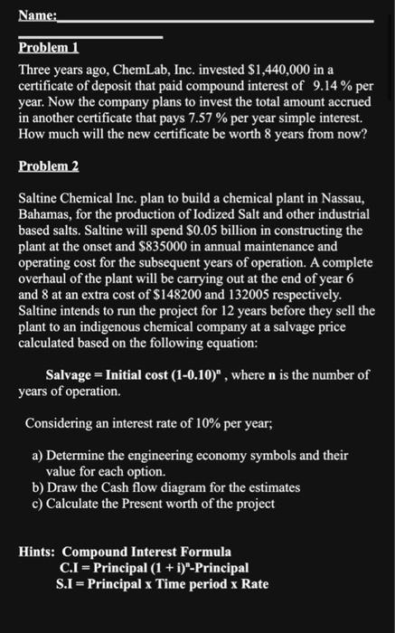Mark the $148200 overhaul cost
click(230, 295)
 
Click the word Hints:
click(38, 551)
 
